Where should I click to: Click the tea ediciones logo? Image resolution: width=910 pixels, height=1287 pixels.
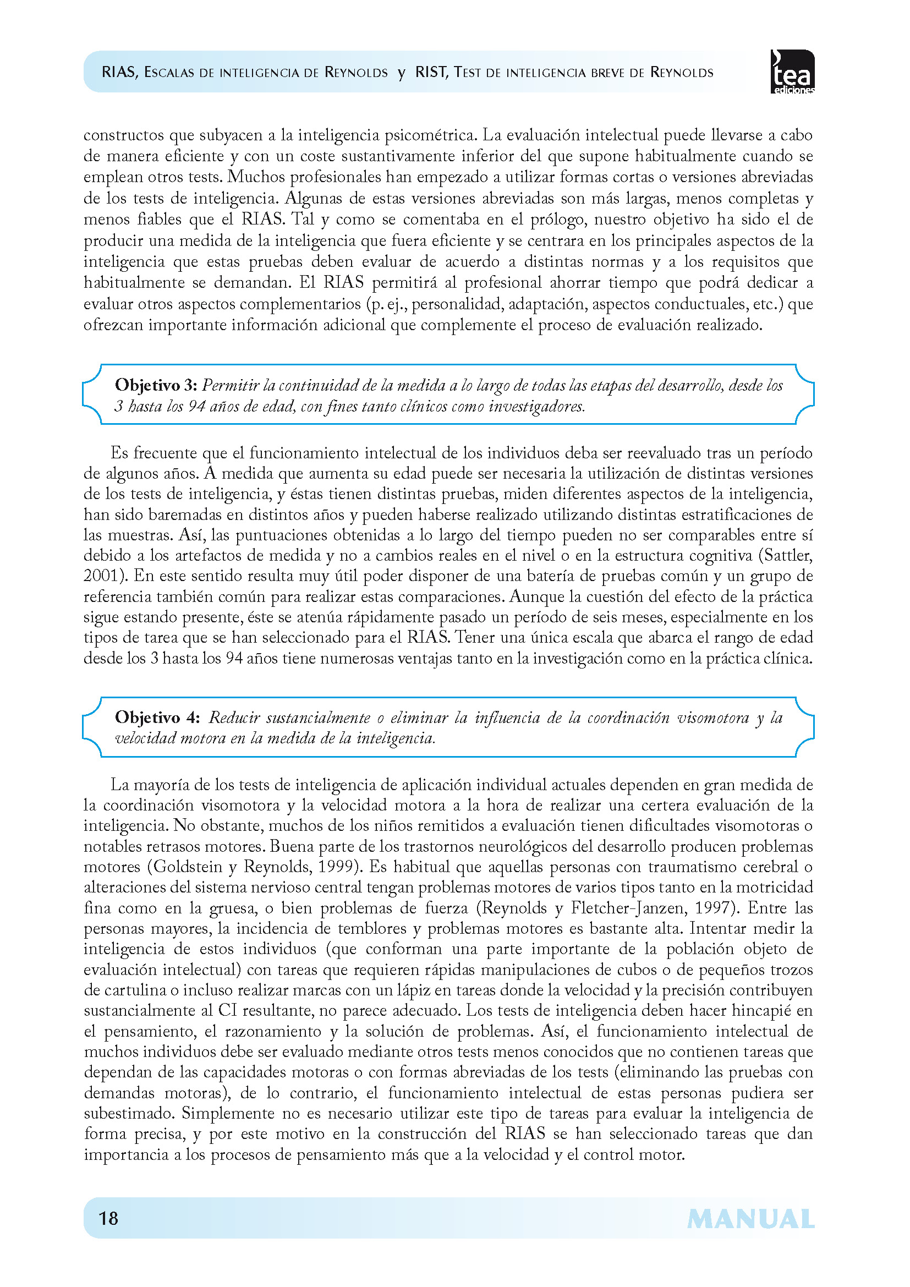pos(792,72)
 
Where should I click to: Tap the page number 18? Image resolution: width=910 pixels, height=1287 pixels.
pos(108,1218)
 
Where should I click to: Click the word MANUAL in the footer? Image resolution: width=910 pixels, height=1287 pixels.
pos(750,1219)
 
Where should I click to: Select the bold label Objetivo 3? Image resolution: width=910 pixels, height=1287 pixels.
pos(155,385)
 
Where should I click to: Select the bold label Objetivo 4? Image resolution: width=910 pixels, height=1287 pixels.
pos(157,718)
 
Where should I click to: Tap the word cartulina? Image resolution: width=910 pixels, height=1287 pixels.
pos(124,990)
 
